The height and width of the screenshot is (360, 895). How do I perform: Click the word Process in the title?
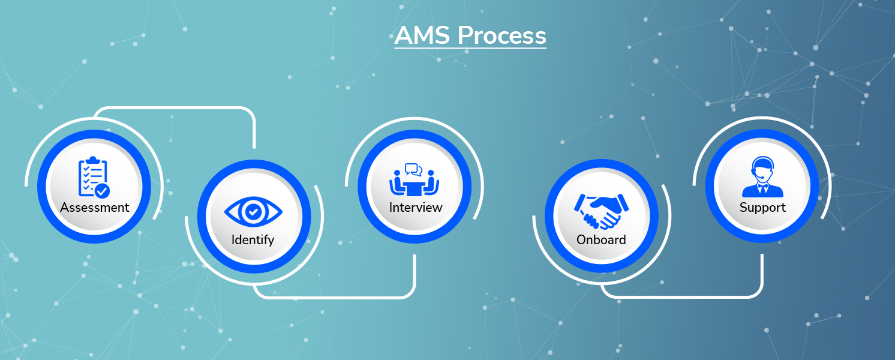[502, 35]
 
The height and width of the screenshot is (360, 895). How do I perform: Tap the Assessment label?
[95, 208]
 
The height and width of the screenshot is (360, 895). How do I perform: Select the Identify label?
[253, 239]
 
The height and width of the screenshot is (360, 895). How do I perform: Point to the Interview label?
[416, 208]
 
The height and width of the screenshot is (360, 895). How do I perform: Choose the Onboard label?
[601, 239]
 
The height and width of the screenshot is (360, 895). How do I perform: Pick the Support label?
[762, 208]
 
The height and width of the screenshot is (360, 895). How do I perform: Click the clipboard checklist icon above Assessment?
[94, 177]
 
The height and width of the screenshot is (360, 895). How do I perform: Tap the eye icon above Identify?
[253, 211]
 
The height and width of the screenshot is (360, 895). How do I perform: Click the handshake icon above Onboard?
[601, 211]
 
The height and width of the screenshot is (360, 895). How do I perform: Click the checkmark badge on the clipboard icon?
[103, 191]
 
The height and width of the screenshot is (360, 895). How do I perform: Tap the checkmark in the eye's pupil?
[253, 211]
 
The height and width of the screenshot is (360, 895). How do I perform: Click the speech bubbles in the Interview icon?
[414, 169]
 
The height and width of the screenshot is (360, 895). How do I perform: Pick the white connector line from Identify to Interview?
[336, 297]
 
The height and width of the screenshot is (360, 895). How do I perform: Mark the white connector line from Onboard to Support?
[684, 297]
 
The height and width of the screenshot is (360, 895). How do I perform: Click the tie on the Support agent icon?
[762, 188]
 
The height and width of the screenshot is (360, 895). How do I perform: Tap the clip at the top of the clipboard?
[91, 160]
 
